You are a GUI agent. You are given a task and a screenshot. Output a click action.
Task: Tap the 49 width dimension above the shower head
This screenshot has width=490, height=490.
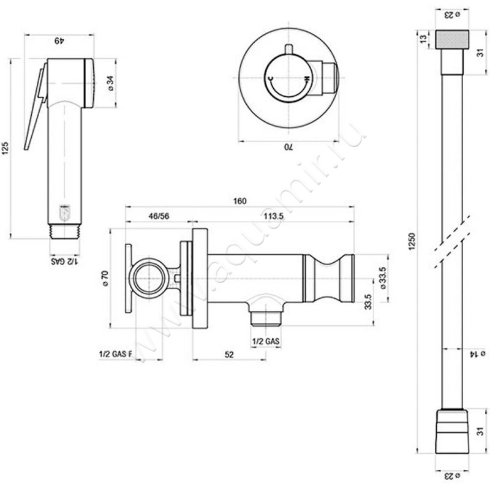[x=58, y=40]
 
